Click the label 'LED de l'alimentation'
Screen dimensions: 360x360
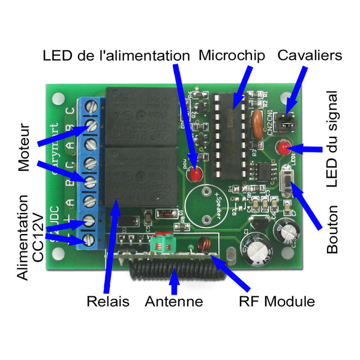(x=116, y=56)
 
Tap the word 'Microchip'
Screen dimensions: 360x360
(x=231, y=56)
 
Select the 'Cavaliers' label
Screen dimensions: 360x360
(x=310, y=56)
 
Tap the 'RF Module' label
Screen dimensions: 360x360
(x=277, y=301)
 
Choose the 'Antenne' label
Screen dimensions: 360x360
(x=173, y=301)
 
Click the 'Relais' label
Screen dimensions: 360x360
(x=108, y=301)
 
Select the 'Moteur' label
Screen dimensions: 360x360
(x=25, y=148)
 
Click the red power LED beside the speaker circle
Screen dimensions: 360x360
(x=196, y=175)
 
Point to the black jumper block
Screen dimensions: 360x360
(x=289, y=121)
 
